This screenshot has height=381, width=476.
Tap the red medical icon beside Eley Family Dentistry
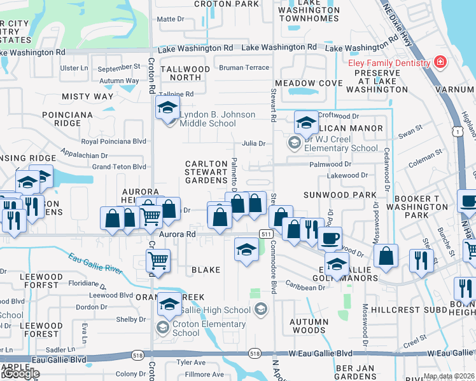click(x=439, y=62)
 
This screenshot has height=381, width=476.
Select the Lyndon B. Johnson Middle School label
click(x=217, y=119)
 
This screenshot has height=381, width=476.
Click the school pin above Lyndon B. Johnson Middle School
click(x=167, y=107)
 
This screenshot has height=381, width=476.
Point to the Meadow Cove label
click(x=304, y=83)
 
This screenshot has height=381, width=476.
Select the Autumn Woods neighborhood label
click(x=309, y=326)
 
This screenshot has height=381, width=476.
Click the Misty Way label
click(x=88, y=97)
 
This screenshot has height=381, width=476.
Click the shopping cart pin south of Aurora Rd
click(x=157, y=260)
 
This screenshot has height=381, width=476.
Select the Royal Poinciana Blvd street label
click(x=114, y=142)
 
